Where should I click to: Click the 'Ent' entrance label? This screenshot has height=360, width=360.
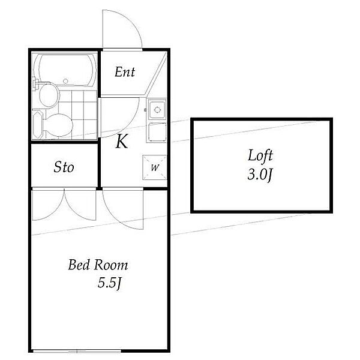pyautogui.click(x=125, y=72)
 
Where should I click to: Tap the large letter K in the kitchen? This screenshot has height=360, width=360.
pyautogui.click(x=122, y=142)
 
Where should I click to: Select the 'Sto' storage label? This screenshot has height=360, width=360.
pyautogui.click(x=64, y=167)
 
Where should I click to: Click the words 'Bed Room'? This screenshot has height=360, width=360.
pyautogui.click(x=98, y=265)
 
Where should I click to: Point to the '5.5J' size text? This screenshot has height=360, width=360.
pyautogui.click(x=110, y=283)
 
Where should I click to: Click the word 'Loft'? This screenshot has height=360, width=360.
pyautogui.click(x=260, y=155)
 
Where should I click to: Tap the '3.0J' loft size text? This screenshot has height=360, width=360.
pyautogui.click(x=260, y=175)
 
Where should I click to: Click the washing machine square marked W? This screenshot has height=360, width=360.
pyautogui.click(x=154, y=167)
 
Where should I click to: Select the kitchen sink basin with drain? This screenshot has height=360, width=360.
pyautogui.click(x=157, y=110)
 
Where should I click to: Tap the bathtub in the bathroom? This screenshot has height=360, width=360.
pyautogui.click(x=66, y=70)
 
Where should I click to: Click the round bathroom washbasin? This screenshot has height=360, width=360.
pyautogui.click(x=49, y=95)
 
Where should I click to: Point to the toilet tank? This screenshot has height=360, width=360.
pyautogui.click(x=38, y=125)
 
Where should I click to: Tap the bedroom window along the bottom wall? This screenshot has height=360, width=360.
pyautogui.click(x=77, y=351)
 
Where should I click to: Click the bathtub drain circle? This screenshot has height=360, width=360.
pyautogui.click(x=65, y=81)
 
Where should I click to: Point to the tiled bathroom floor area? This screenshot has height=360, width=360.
pyautogui.click(x=78, y=115)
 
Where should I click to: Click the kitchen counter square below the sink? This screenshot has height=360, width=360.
pyautogui.click(x=157, y=133)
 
